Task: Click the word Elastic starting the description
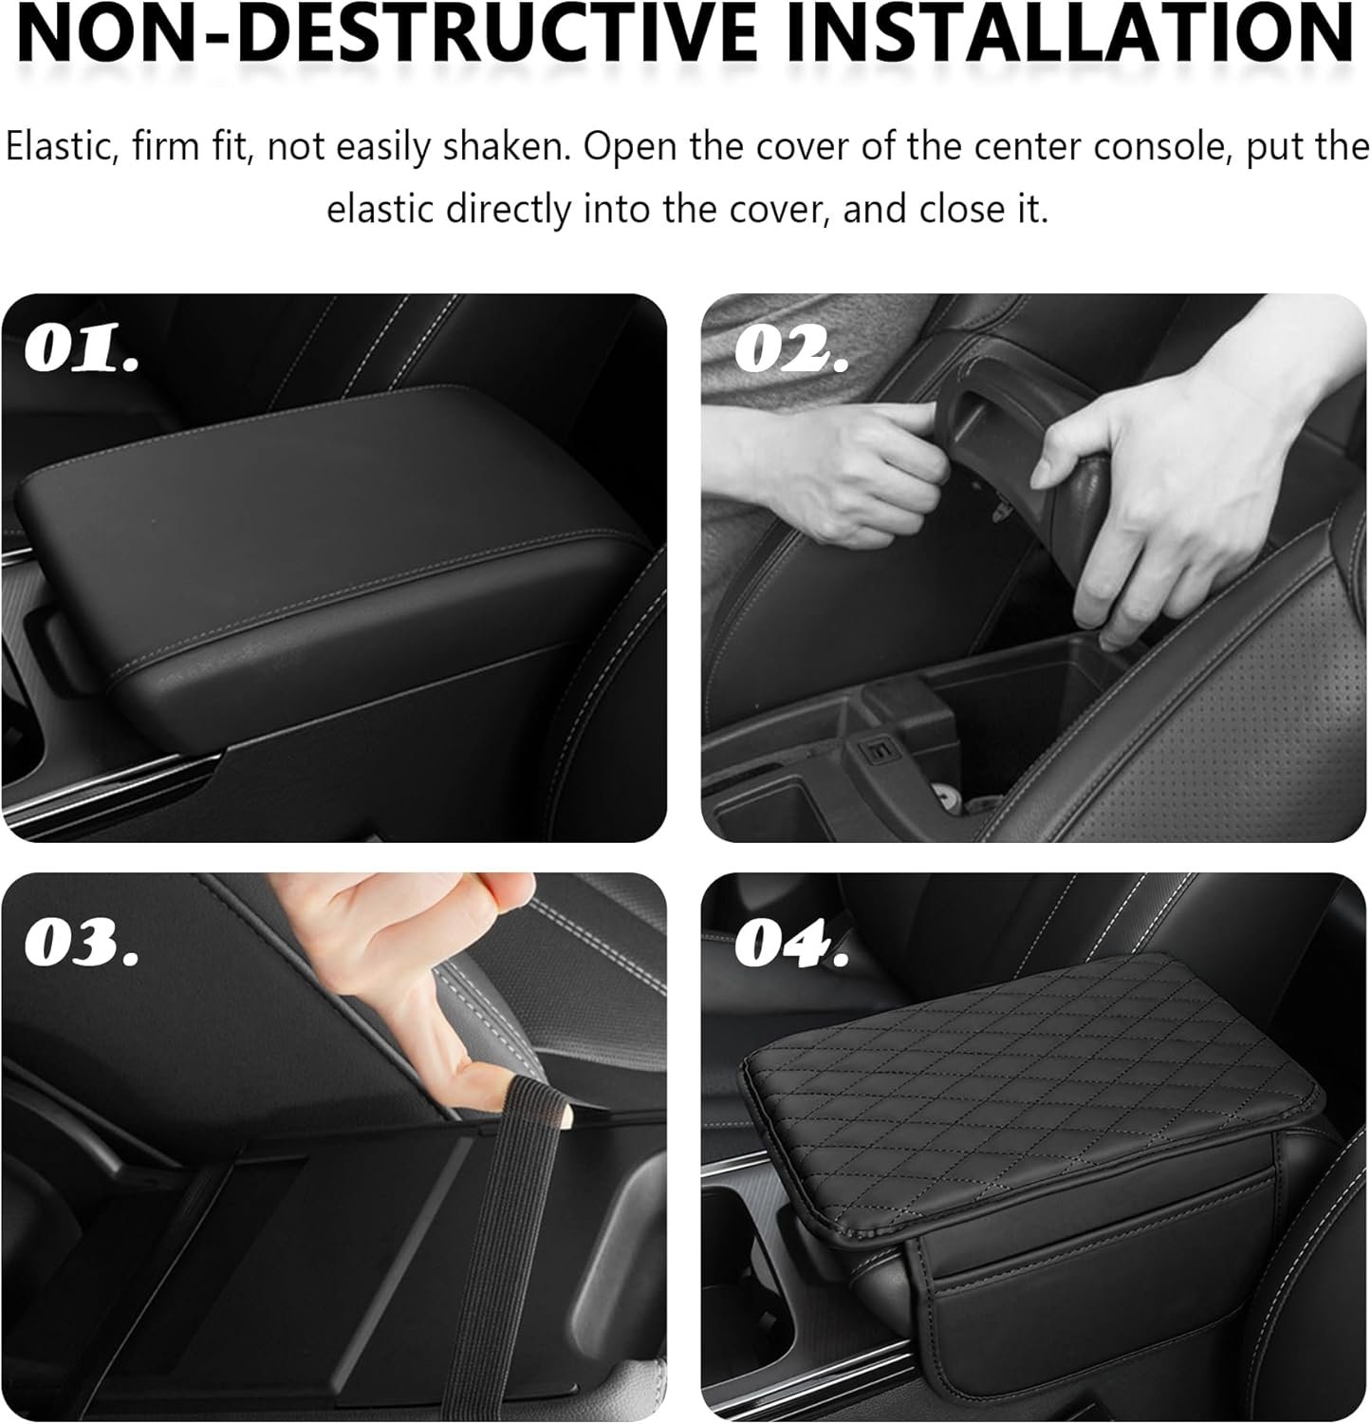point(59,147)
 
